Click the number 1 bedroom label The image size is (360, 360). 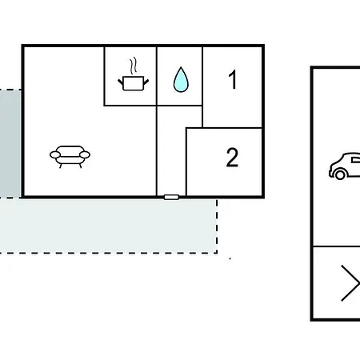(233, 79)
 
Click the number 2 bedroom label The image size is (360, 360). (232, 158)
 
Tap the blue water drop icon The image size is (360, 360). (181, 79)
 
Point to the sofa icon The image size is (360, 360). (70, 157)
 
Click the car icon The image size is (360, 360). (345, 166)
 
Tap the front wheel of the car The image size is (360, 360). (340, 174)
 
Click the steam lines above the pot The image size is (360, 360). (134, 66)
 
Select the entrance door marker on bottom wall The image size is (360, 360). (171, 197)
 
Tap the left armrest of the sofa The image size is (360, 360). (55, 154)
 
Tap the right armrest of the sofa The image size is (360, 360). (85, 154)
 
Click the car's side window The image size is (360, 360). (356, 160)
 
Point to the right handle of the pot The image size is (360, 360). (146, 82)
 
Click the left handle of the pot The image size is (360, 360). (121, 82)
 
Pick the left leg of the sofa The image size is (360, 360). (61, 166)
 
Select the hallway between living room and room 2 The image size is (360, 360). (171, 151)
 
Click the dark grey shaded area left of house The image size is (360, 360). (10, 143)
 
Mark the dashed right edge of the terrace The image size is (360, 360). (217, 226)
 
